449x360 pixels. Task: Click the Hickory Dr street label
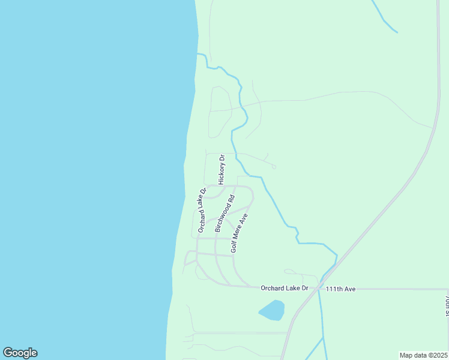tap(221, 170)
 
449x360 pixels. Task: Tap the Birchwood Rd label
tap(224, 212)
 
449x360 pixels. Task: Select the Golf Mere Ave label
tap(240, 232)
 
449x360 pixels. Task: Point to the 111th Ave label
tap(341, 289)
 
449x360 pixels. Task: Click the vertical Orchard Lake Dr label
tap(202, 209)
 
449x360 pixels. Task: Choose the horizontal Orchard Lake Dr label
tap(284, 288)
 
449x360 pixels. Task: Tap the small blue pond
tap(272, 310)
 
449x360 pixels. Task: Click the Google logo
tap(20, 353)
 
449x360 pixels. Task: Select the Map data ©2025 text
tap(423, 355)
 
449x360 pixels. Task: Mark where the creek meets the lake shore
tap(197, 54)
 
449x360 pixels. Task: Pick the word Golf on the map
tap(235, 246)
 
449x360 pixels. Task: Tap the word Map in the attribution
tap(406, 355)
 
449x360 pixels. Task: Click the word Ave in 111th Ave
tap(351, 289)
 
